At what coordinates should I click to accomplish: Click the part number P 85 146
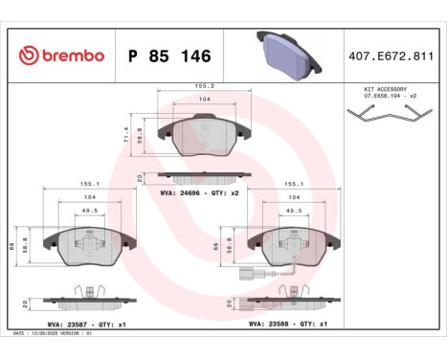click(x=168, y=56)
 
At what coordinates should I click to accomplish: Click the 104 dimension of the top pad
click(x=205, y=100)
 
